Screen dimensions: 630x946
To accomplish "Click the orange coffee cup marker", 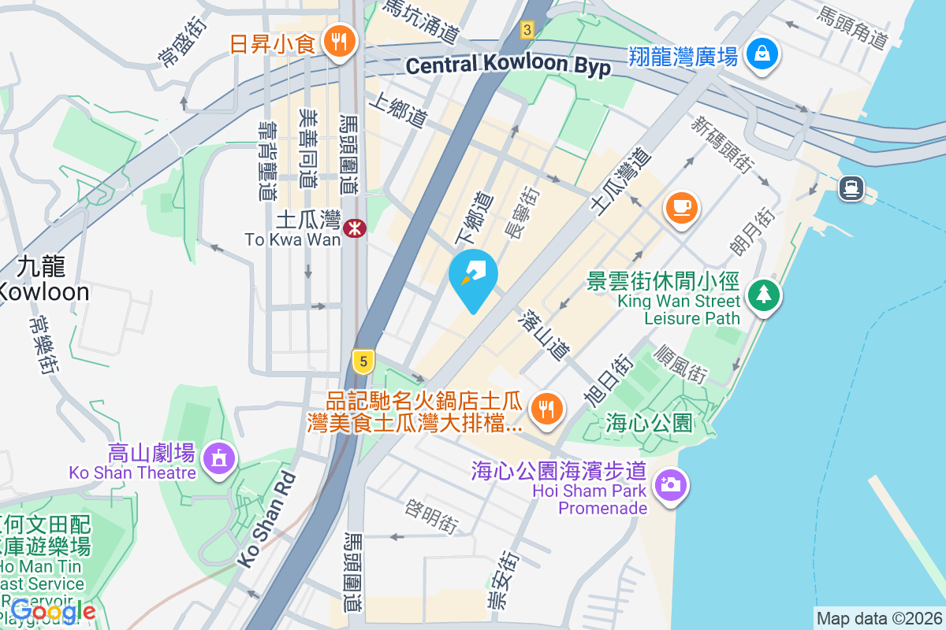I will (x=681, y=208).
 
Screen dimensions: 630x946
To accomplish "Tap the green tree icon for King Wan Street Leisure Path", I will (x=763, y=295).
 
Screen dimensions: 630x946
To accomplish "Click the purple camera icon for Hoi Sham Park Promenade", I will (x=671, y=484).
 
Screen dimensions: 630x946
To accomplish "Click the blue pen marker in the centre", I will (x=473, y=276).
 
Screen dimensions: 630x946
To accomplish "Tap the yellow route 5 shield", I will (x=363, y=361).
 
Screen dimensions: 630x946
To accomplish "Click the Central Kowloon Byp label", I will (x=508, y=66).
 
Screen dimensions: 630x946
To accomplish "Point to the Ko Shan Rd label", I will (x=266, y=520).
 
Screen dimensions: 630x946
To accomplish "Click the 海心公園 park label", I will (x=650, y=424).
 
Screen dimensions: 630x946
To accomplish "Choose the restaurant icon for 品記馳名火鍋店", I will (x=545, y=408).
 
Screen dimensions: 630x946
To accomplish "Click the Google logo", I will (x=54, y=610).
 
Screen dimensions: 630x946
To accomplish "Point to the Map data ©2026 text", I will (x=878, y=619).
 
